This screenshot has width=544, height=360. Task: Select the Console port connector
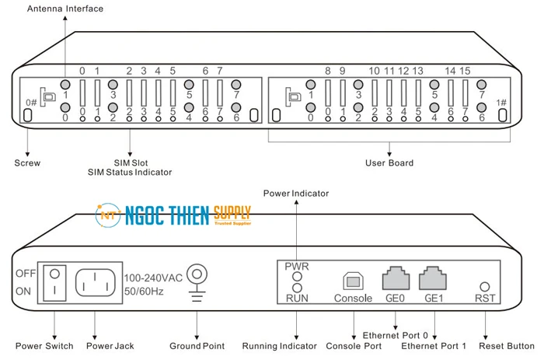pos(354,281)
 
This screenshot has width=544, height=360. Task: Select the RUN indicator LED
pos(296,288)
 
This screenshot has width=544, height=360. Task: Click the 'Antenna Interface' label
pos(65,9)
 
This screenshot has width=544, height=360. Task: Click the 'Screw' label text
pos(27,163)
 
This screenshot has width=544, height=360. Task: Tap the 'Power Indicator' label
pos(295,193)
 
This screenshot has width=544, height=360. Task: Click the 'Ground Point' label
pos(197,346)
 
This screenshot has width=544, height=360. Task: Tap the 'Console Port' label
pos(354,346)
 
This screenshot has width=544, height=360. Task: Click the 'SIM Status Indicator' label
pos(130,172)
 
